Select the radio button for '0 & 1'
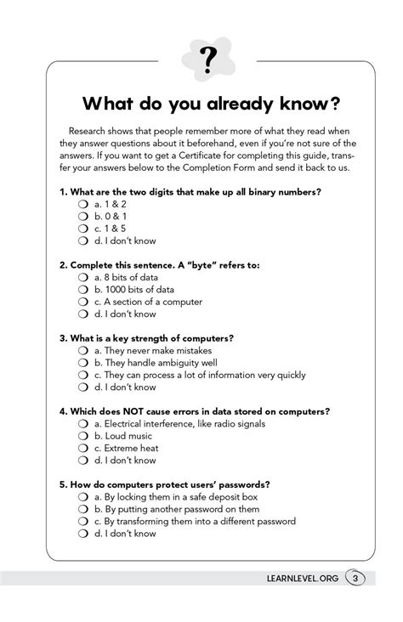[83, 217]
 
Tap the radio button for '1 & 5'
[83, 229]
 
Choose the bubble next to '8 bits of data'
[83, 278]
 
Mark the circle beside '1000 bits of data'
[83, 290]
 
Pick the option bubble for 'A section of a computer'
[83, 302]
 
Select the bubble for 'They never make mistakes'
[83, 350]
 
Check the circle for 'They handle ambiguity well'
[83, 363]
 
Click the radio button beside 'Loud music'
[83, 436]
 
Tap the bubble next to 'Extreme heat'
[83, 448]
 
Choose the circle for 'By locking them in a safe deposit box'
[83, 496]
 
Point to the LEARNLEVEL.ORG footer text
[301, 580]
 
